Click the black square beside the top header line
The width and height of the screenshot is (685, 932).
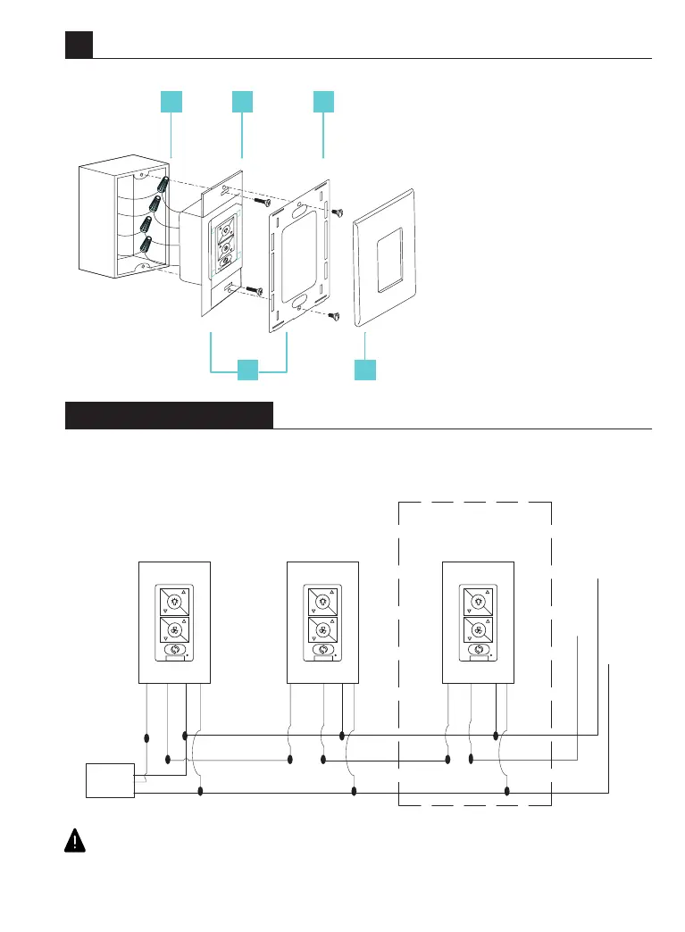coord(79,46)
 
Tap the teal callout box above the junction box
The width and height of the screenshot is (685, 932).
coord(171,102)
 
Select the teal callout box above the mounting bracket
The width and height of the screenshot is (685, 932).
coord(323,102)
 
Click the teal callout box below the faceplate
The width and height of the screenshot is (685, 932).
coord(364,370)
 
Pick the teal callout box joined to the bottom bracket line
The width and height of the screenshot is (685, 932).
coord(248,370)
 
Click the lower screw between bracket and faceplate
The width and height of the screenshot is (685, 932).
coord(335,314)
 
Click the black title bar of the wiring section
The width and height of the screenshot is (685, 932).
coord(169,415)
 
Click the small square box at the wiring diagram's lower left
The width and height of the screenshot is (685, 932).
coord(109,781)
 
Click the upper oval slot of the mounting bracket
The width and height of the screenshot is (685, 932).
coord(297,211)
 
